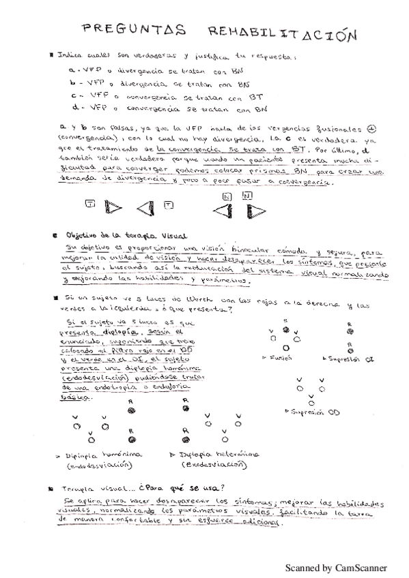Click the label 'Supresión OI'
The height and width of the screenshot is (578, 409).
tap(351, 357)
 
